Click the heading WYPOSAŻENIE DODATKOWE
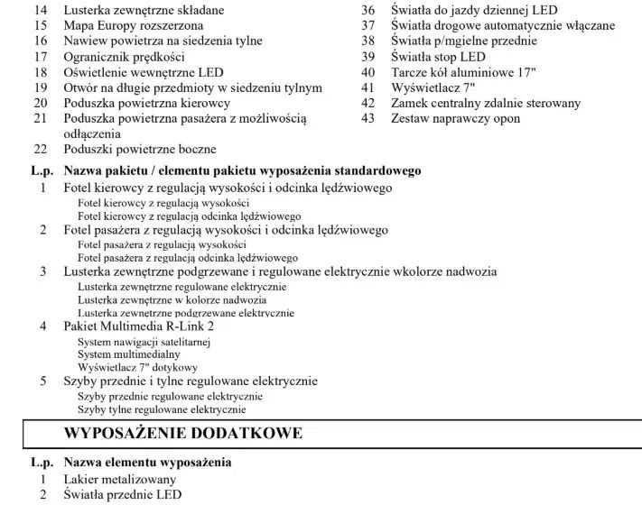(182, 434)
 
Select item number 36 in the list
(368, 10)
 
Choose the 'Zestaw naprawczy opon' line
(455, 118)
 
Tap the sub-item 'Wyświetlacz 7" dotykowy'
(137, 368)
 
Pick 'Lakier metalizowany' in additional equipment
(120, 479)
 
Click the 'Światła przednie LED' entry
(122, 494)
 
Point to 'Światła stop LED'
(438, 57)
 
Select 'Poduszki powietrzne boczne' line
(140, 150)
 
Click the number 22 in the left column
(40, 150)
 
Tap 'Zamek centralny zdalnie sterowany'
(486, 103)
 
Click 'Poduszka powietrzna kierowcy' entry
(146, 103)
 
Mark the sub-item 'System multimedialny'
(123, 354)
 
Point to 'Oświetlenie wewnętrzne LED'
(144, 72)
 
